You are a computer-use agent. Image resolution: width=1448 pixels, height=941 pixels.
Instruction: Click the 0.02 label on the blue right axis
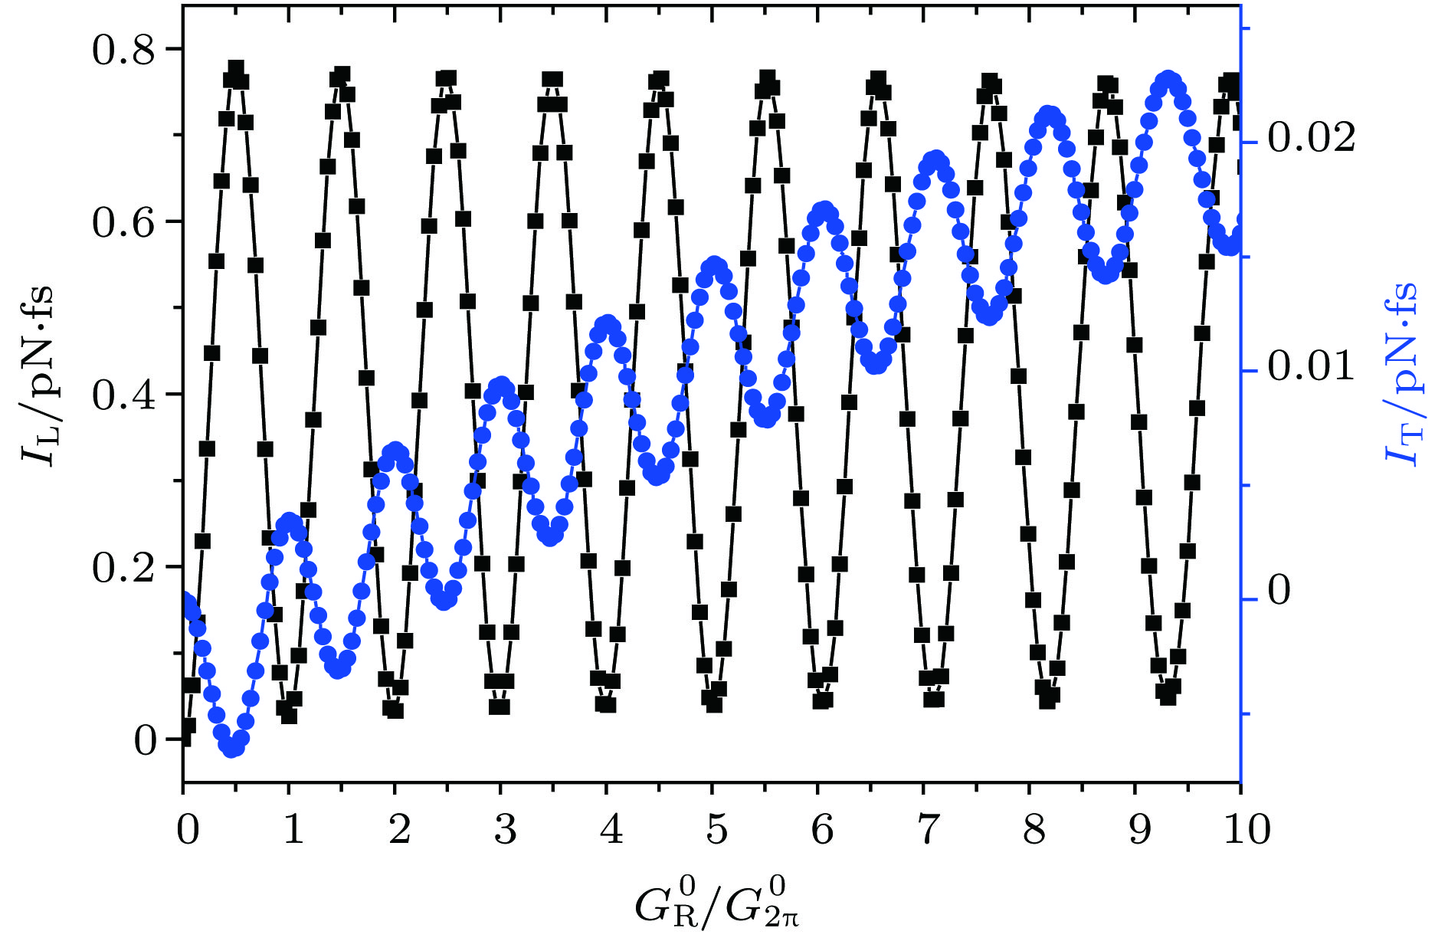click(1311, 139)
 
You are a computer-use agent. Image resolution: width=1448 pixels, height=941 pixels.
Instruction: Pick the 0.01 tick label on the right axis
click(1311, 366)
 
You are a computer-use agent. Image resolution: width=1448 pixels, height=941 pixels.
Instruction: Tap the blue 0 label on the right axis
click(1279, 591)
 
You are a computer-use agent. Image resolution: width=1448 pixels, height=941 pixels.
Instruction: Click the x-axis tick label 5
click(716, 829)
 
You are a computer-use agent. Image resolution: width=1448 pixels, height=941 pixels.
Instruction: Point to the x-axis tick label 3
click(504, 829)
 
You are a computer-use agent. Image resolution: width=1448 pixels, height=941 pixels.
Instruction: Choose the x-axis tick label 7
click(927, 829)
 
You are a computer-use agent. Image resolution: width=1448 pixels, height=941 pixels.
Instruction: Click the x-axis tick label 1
click(293, 829)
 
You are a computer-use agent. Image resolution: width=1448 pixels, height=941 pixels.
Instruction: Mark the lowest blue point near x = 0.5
click(232, 748)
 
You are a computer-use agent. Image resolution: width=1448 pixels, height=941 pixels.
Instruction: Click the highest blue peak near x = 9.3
click(1168, 80)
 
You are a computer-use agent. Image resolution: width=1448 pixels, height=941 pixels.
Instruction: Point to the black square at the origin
click(184, 739)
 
